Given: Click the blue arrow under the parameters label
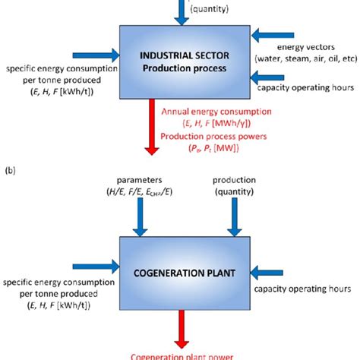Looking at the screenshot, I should (x=141, y=219).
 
